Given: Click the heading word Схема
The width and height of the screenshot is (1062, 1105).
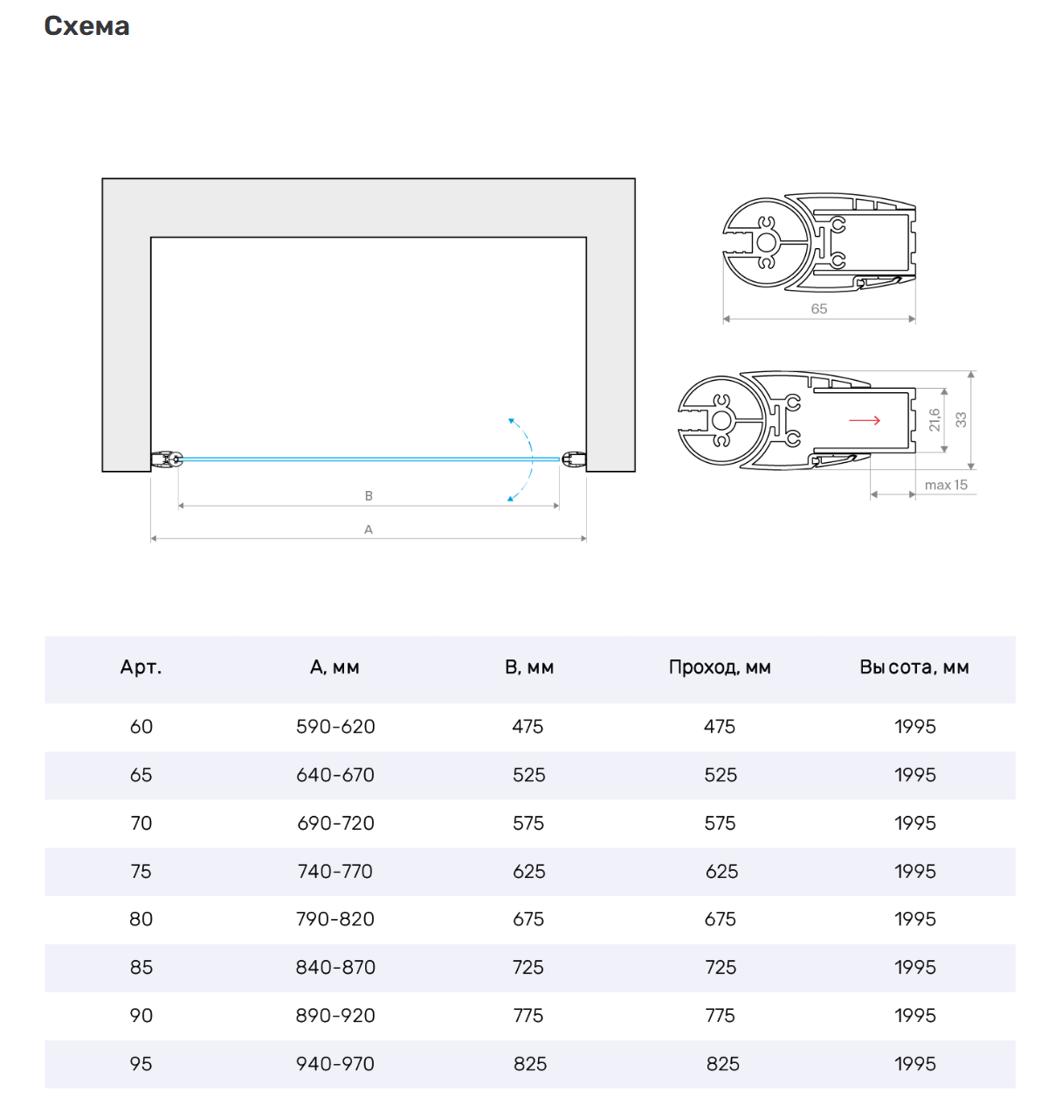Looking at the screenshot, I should pos(86,26).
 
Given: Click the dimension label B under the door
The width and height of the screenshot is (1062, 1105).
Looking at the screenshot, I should pos(369,495).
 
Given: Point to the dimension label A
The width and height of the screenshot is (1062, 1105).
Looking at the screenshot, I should pos(369,529).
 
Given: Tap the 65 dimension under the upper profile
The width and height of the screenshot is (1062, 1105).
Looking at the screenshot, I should pos(818,308).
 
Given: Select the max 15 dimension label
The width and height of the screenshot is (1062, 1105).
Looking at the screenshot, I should pos(946,485).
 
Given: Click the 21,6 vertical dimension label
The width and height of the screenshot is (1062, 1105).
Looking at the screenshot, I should pos(934,420).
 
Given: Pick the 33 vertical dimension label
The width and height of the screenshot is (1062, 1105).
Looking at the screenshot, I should pos(961,420).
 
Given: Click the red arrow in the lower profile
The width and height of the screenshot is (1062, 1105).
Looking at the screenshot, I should pos(865,420).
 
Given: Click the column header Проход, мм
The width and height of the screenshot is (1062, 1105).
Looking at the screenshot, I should pos(720,667).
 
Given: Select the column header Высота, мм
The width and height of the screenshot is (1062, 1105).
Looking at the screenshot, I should pos(914,667).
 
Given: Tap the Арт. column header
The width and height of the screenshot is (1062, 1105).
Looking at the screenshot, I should pos(141,667).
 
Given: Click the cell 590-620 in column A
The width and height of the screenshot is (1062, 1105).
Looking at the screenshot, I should pos(335,727).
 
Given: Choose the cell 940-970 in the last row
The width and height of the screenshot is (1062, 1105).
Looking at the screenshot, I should pos(335,1064).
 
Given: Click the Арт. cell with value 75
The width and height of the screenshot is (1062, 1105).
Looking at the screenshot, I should pos(141,871).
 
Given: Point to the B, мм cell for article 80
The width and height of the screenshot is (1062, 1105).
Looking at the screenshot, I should pos(528,919).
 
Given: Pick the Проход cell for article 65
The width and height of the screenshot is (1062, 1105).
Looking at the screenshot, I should pos(721,775).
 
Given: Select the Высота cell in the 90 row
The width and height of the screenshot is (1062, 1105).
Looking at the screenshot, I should pos(914,1016).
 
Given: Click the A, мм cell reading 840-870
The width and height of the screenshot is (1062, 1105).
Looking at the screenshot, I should pos(335,968).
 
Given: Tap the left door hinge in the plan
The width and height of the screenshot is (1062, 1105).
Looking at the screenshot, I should pos(167,459).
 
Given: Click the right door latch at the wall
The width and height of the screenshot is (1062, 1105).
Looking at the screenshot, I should pos(573,459).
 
